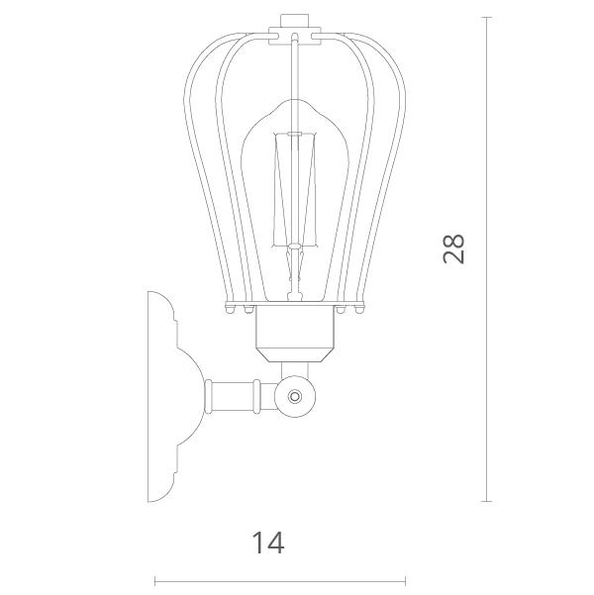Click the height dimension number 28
click(453, 248)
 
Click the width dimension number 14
click(268, 543)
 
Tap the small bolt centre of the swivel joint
click(295, 397)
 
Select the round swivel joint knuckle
click(295, 397)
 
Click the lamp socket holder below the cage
click(295, 333)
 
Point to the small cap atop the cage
click(295, 21)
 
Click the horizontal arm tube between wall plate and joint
click(241, 397)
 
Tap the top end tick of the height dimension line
click(487, 18)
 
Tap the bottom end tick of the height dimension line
click(487, 502)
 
